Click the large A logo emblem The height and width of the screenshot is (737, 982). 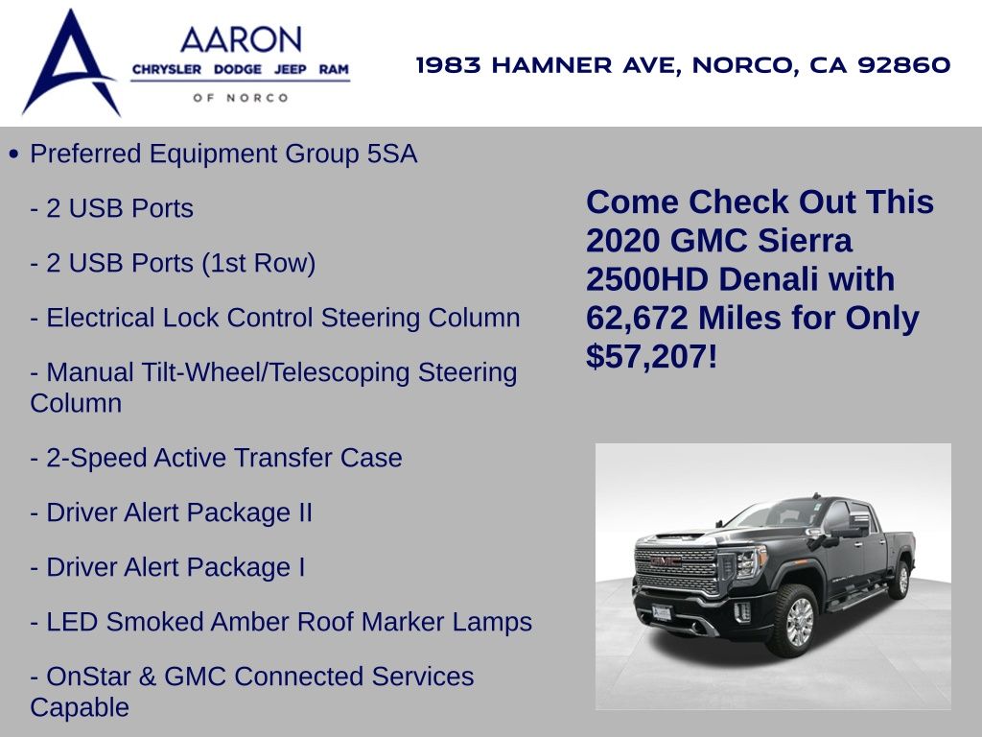coord(70,62)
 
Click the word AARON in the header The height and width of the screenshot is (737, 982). coord(241,40)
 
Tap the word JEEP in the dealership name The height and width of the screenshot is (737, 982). coord(291,69)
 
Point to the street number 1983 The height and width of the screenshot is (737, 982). coord(449,64)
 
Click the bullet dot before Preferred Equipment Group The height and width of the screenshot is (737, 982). coord(14,155)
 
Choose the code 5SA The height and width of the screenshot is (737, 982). coord(392,155)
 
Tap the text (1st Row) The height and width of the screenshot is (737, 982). coord(259,263)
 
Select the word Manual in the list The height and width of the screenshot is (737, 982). coord(90,372)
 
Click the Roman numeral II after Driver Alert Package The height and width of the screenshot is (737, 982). coord(305,512)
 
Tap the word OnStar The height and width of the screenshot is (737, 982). coord(88,677)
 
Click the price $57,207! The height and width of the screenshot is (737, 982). coord(651,357)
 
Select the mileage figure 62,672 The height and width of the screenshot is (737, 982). coord(637,318)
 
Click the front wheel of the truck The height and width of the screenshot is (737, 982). coord(795,621)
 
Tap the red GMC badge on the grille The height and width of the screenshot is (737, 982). coord(666,561)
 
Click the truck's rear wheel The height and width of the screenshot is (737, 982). coord(900,580)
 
